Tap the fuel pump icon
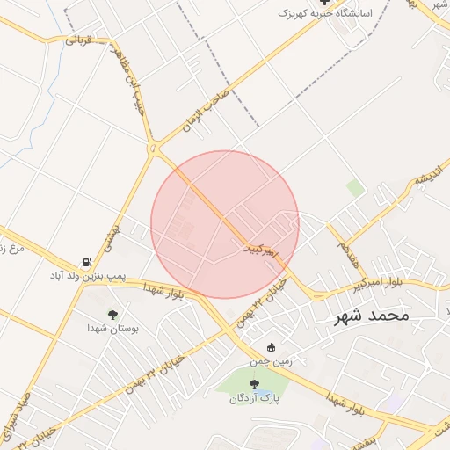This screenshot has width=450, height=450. pos(86,262)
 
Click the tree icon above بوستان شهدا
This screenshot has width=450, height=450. pos(112,314)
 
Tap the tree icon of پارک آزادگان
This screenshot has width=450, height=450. pos(254,384)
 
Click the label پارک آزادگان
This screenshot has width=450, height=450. pos(254,399)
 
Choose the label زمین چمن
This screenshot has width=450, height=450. pos(270,360)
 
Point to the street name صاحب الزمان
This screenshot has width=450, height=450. pos(205,111)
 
